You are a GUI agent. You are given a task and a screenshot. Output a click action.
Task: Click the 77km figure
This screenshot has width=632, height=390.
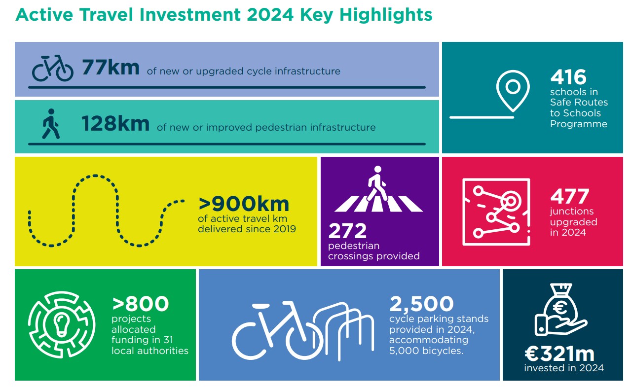pyautogui.click(x=111, y=68)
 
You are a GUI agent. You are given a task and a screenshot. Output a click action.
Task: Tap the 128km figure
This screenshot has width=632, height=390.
pyautogui.click(x=115, y=124)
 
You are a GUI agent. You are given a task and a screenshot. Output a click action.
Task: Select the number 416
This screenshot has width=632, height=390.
pyautogui.click(x=568, y=77)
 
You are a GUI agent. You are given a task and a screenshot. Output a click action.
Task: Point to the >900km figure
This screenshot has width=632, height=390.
pyautogui.click(x=244, y=204)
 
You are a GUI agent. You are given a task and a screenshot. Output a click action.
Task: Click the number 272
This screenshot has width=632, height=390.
pyautogui.click(x=347, y=231)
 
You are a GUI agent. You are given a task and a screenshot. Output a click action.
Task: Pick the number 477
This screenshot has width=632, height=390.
pyautogui.click(x=569, y=196)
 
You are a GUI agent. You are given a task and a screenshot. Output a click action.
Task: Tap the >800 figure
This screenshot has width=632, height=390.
pyautogui.click(x=140, y=303)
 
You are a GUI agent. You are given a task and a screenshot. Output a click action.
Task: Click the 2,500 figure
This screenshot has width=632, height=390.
pyautogui.click(x=421, y=304)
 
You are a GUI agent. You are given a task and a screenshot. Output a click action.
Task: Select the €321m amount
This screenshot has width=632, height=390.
pyautogui.click(x=559, y=354)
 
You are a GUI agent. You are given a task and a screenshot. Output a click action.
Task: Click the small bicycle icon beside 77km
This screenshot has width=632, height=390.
pyautogui.click(x=52, y=68)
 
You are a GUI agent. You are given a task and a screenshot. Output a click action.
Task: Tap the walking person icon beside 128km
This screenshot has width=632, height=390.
pyautogui.click(x=51, y=124)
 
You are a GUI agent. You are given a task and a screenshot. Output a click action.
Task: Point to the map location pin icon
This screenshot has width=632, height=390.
pyautogui.click(x=513, y=91)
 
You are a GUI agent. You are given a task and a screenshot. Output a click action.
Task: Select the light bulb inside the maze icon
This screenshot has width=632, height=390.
pyautogui.click(x=62, y=325)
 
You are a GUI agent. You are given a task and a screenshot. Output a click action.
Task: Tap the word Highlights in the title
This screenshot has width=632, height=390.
pyautogui.click(x=386, y=15)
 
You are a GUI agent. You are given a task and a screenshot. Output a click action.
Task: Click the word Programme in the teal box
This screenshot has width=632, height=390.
pyautogui.click(x=579, y=124)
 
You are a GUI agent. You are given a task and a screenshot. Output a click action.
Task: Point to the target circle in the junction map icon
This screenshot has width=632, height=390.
pyautogui.click(x=511, y=201)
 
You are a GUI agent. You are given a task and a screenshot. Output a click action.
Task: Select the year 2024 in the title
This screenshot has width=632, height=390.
pyautogui.click(x=270, y=15)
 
